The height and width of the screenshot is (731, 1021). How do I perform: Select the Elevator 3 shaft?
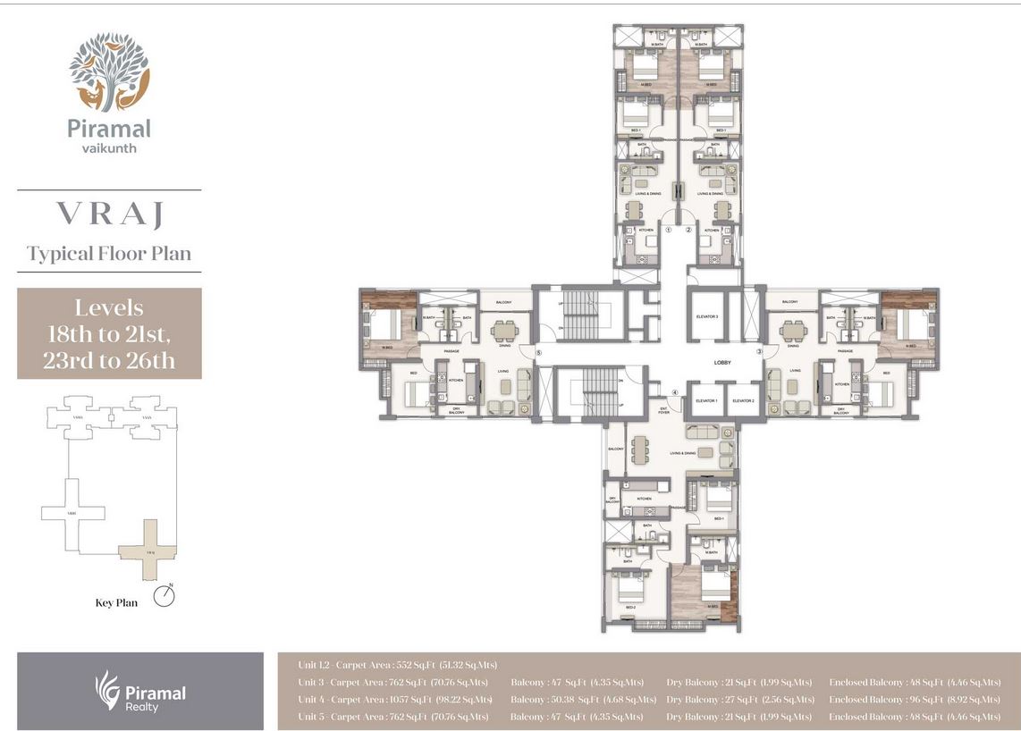point(706,316)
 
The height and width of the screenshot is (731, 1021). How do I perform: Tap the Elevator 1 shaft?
point(705,401)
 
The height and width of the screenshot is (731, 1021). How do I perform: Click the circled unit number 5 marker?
point(539,353)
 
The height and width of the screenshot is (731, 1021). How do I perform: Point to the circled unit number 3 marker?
point(760,352)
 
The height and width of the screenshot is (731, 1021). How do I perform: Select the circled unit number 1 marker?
point(668,230)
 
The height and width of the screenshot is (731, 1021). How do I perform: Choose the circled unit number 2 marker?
point(689,230)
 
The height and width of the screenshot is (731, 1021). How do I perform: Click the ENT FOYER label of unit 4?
point(663,410)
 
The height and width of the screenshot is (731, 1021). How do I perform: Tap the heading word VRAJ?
point(109,214)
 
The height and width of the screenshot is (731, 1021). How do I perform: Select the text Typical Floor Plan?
point(109,254)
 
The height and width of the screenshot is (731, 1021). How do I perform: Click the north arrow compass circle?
point(163,596)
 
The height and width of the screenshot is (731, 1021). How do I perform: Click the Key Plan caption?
point(116,603)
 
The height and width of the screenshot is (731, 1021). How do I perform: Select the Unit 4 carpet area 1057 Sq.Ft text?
point(395,700)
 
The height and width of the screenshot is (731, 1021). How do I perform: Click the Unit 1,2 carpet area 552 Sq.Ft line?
point(398,665)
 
